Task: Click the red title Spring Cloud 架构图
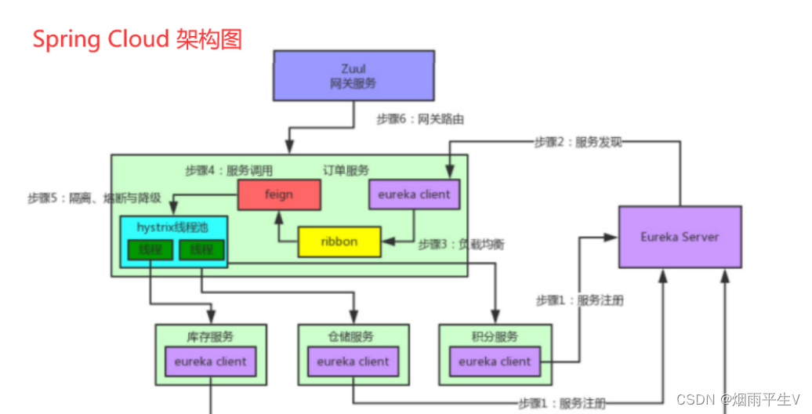(138, 39)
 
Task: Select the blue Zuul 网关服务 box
(353, 76)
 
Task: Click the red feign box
(279, 194)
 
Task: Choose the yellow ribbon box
(339, 241)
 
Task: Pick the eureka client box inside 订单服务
(414, 194)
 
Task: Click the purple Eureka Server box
(680, 237)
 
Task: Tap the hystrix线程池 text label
(174, 227)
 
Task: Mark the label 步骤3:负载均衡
(462, 245)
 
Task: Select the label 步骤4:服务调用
(229, 170)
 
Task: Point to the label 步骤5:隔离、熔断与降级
(94, 198)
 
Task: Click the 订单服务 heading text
(346, 170)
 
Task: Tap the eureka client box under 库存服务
(210, 361)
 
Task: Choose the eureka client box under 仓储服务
(353, 361)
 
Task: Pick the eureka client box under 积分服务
(495, 361)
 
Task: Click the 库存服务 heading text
(209, 337)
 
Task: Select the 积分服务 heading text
(495, 337)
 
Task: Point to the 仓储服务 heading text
(351, 337)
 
